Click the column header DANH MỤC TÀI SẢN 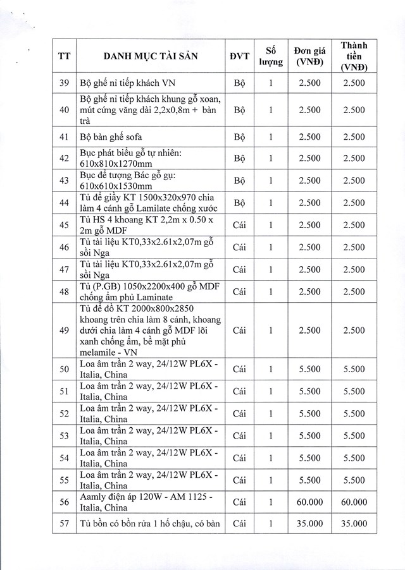click(x=151, y=56)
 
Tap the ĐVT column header click(x=239, y=56)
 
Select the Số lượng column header click(x=270, y=56)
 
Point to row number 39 click(x=64, y=83)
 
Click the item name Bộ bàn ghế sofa click(x=112, y=136)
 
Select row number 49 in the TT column click(x=64, y=330)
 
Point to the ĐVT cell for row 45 click(x=239, y=225)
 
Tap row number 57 click(x=64, y=524)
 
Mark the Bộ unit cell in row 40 click(x=239, y=109)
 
